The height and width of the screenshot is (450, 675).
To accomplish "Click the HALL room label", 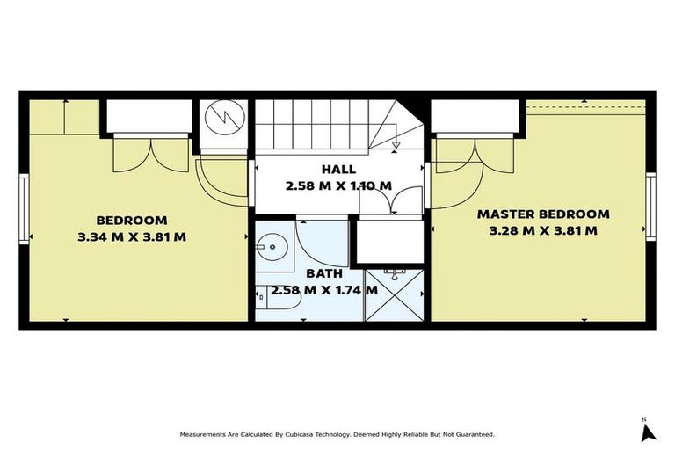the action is (x=338, y=170).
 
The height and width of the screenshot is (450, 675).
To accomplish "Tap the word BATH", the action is (x=324, y=273).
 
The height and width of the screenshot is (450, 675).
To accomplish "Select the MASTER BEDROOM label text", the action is (x=543, y=214).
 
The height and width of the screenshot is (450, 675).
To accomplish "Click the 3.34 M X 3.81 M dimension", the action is (x=132, y=236).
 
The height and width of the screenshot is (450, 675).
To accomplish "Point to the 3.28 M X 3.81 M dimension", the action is (x=543, y=230).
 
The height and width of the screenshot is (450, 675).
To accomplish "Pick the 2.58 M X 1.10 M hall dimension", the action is (x=338, y=185).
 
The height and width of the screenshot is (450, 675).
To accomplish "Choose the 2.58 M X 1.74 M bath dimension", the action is (x=324, y=290).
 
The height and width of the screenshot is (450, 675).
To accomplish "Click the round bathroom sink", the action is (x=270, y=247).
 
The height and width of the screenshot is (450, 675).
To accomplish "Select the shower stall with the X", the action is (x=395, y=295).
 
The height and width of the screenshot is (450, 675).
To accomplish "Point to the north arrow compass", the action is (x=648, y=432).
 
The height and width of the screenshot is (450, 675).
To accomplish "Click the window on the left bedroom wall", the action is (x=24, y=208).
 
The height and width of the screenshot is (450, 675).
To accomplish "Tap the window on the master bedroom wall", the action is (x=651, y=207).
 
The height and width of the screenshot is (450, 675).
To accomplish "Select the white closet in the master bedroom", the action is (x=475, y=116).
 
